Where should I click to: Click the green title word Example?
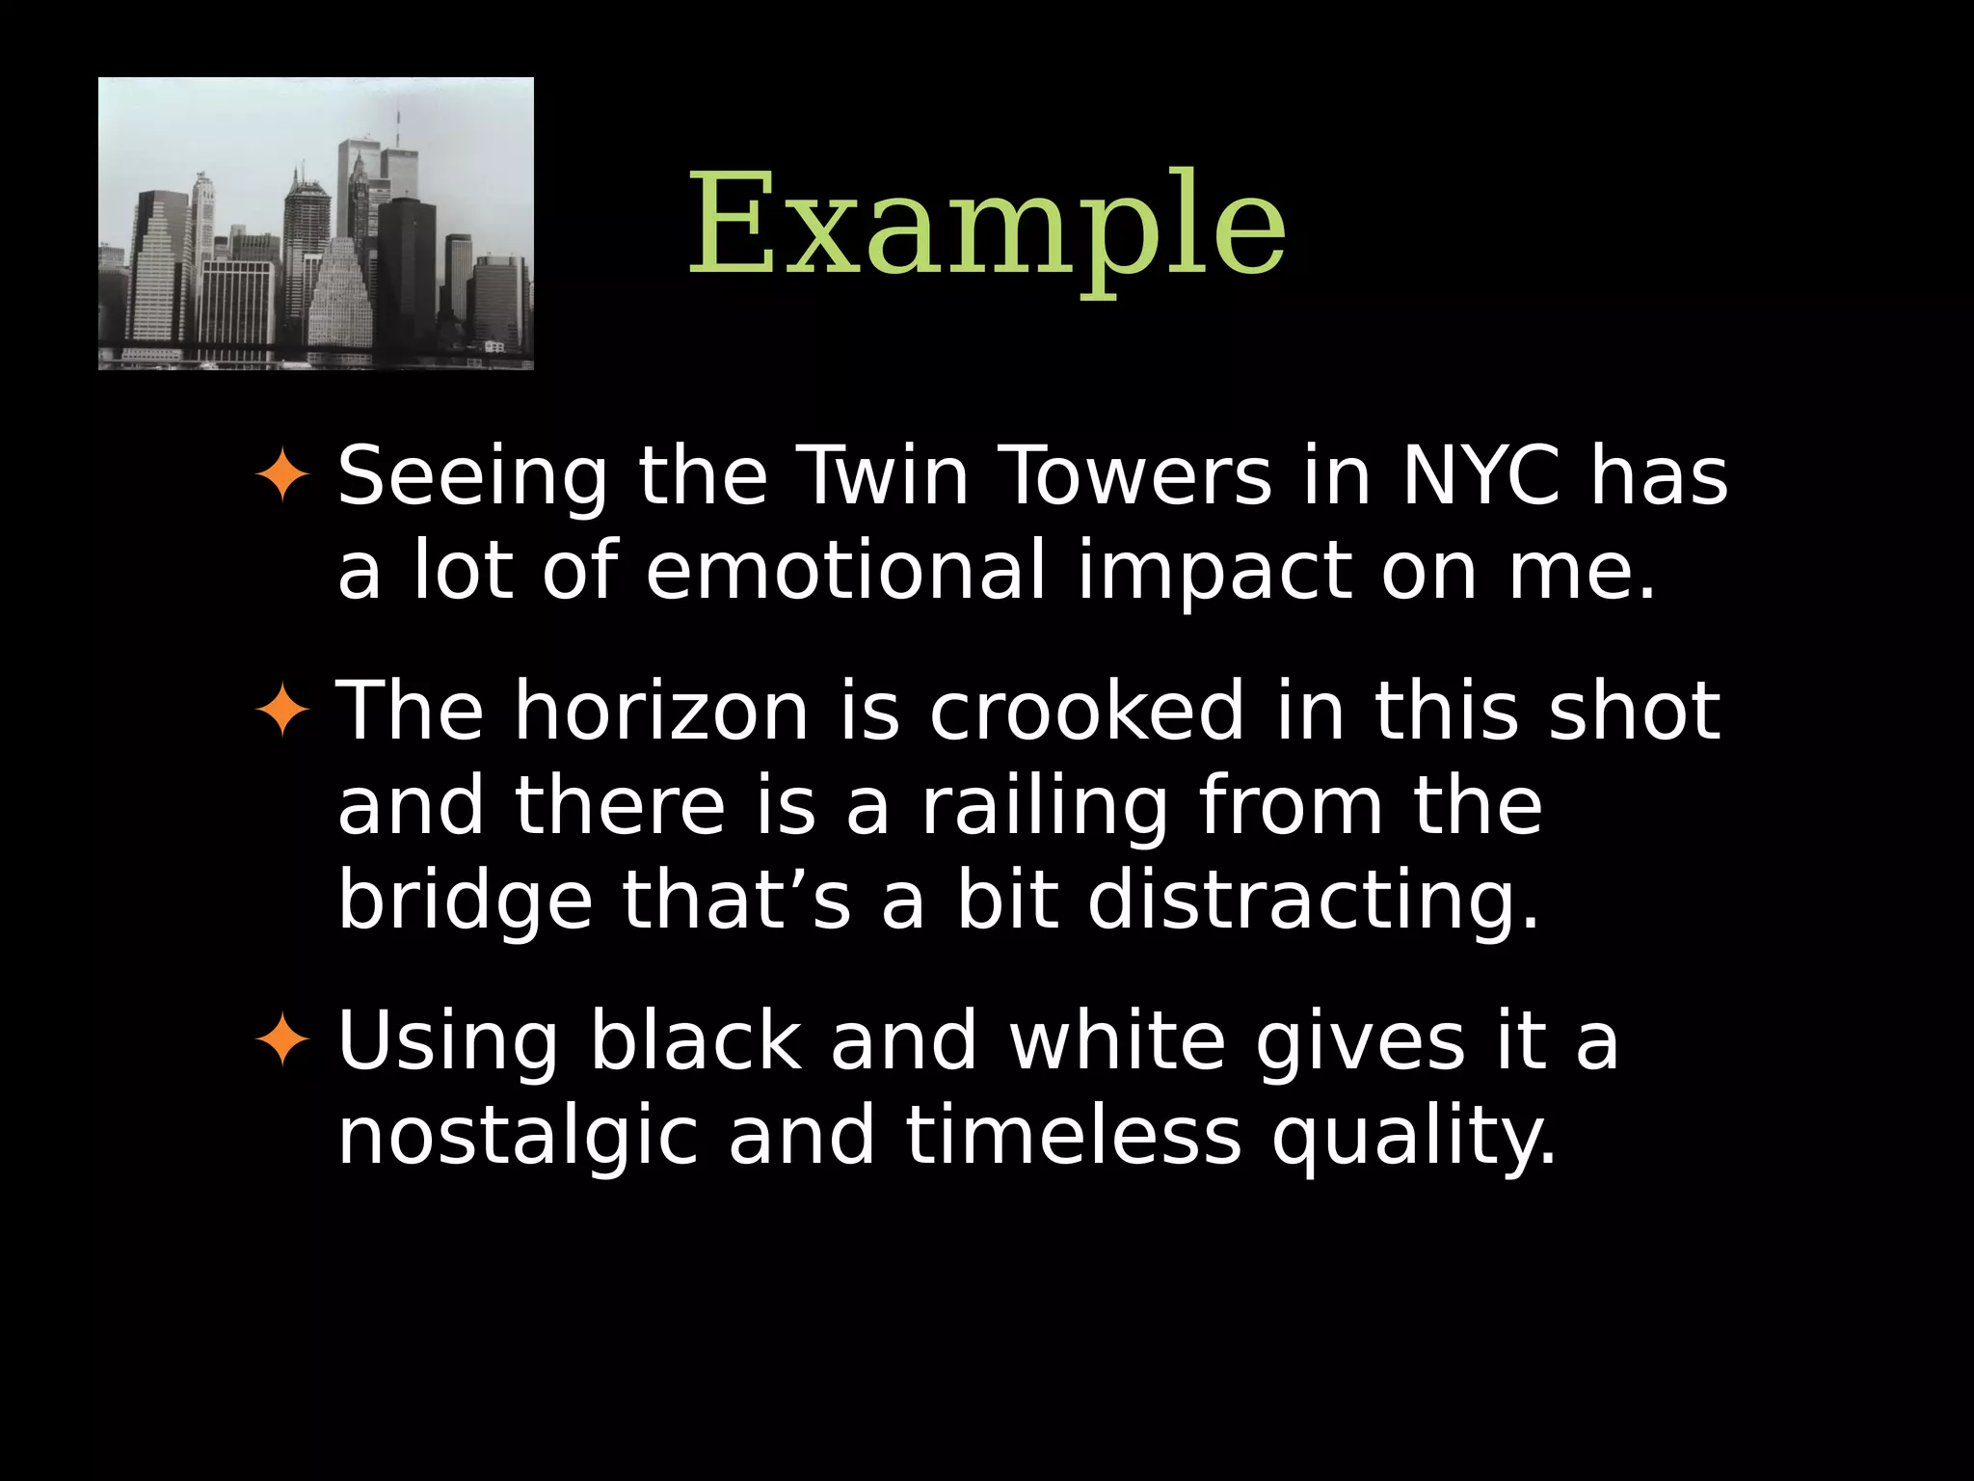987,227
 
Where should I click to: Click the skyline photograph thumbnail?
316,224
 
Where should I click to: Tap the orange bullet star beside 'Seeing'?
281,475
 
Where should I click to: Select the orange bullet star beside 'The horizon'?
281,711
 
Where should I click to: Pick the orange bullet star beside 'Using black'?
281,1040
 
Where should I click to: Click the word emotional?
845,570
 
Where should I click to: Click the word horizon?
661,711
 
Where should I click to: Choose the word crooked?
1086,711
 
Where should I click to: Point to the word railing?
1045,807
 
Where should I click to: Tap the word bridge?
465,900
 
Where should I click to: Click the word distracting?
1313,902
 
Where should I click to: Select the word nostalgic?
517,1137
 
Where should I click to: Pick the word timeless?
1074,1135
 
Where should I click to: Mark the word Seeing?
472,477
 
